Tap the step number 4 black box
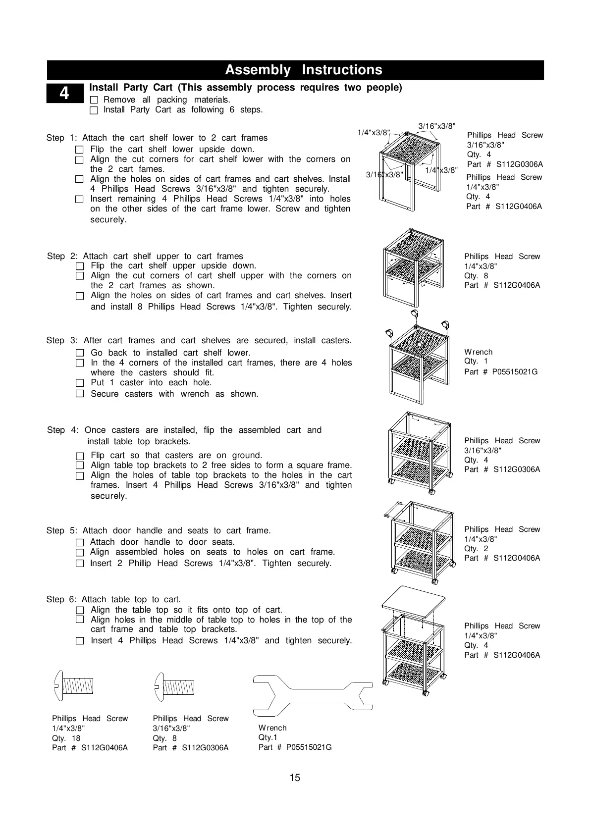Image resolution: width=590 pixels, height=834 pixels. tap(65, 93)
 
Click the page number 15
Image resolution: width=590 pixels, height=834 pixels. tap(295, 778)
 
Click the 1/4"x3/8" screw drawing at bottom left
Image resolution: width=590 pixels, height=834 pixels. tap(74, 686)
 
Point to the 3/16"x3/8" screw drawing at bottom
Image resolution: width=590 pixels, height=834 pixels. tap(174, 686)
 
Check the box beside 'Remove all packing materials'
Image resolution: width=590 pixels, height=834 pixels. tap(94, 100)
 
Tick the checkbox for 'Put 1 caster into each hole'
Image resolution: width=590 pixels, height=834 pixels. tap(80, 383)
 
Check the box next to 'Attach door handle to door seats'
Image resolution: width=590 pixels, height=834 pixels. tap(80, 542)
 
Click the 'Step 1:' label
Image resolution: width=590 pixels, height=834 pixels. tap(62, 138)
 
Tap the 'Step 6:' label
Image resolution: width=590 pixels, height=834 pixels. tap(62, 599)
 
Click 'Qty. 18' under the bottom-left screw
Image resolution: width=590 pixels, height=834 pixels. tap(66, 738)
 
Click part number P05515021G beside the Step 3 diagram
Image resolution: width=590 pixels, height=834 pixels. tap(501, 371)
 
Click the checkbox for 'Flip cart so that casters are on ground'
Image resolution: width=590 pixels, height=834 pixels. tap(80, 456)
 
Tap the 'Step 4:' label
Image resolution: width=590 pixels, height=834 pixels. tap(63, 430)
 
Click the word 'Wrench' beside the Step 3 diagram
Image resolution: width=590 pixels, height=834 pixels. tap(478, 352)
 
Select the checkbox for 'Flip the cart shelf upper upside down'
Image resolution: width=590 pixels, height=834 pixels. tap(80, 266)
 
